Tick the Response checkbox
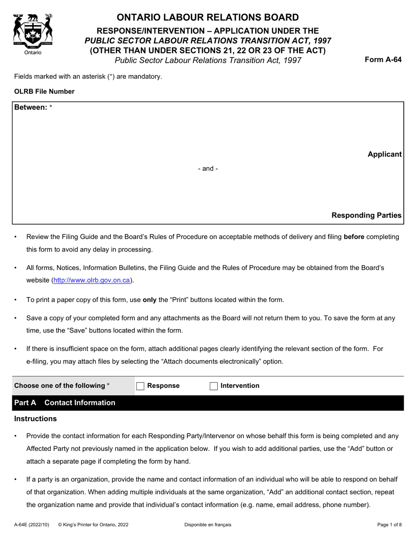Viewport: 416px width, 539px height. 140,386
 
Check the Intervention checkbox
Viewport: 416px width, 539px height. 214,386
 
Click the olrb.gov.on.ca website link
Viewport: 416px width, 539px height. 92,280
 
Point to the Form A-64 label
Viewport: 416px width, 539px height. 383,60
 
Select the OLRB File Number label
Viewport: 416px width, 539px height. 44,92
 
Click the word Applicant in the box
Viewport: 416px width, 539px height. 384,154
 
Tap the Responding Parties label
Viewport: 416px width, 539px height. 366,215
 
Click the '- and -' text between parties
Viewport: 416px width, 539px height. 208,169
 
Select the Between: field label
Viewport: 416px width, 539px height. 31,107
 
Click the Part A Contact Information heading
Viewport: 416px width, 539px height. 65,403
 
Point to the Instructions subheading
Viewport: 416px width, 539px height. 35,419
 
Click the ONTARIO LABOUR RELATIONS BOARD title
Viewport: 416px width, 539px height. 208,18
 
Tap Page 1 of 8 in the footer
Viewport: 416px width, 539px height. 389,525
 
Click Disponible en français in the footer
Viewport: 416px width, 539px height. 208,525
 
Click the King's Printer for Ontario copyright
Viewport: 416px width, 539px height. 93,525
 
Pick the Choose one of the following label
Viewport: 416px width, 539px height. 61,386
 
